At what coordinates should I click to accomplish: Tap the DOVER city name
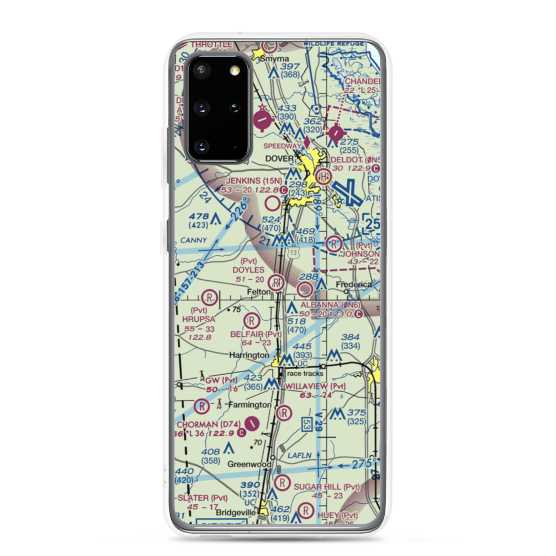279,158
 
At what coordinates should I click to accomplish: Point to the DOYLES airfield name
248,269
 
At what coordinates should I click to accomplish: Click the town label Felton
259,291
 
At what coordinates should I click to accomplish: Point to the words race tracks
305,374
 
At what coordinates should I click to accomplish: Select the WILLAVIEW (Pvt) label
315,386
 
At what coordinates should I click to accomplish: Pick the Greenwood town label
249,464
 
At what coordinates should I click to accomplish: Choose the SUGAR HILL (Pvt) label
327,487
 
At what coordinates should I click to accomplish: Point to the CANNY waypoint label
193,241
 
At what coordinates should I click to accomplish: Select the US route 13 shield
293,252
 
